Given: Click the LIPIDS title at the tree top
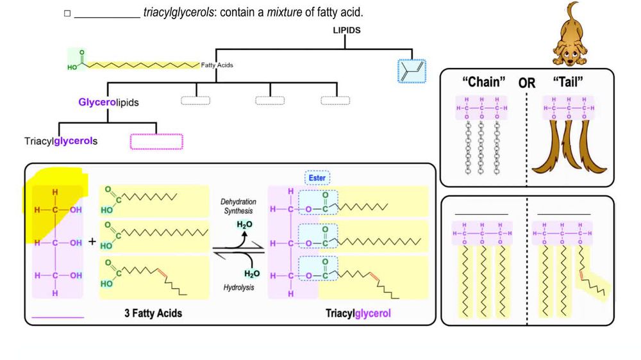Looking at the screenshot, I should [x=346, y=30].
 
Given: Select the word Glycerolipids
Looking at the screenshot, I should [x=108, y=102].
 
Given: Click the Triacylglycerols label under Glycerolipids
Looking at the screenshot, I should [x=61, y=140].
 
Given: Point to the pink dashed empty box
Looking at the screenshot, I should [x=156, y=142].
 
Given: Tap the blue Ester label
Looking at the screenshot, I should [x=317, y=177].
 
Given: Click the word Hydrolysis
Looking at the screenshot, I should [x=238, y=288].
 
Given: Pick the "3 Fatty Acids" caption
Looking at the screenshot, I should [x=153, y=313].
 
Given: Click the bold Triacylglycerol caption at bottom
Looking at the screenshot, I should [x=358, y=313].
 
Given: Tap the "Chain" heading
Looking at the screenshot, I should [x=484, y=83].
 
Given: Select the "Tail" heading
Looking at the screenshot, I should [x=567, y=83].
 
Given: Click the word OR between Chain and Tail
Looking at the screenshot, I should [x=526, y=84].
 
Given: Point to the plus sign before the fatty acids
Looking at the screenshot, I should [x=92, y=241].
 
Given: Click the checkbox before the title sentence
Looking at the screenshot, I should [x=67, y=13].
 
